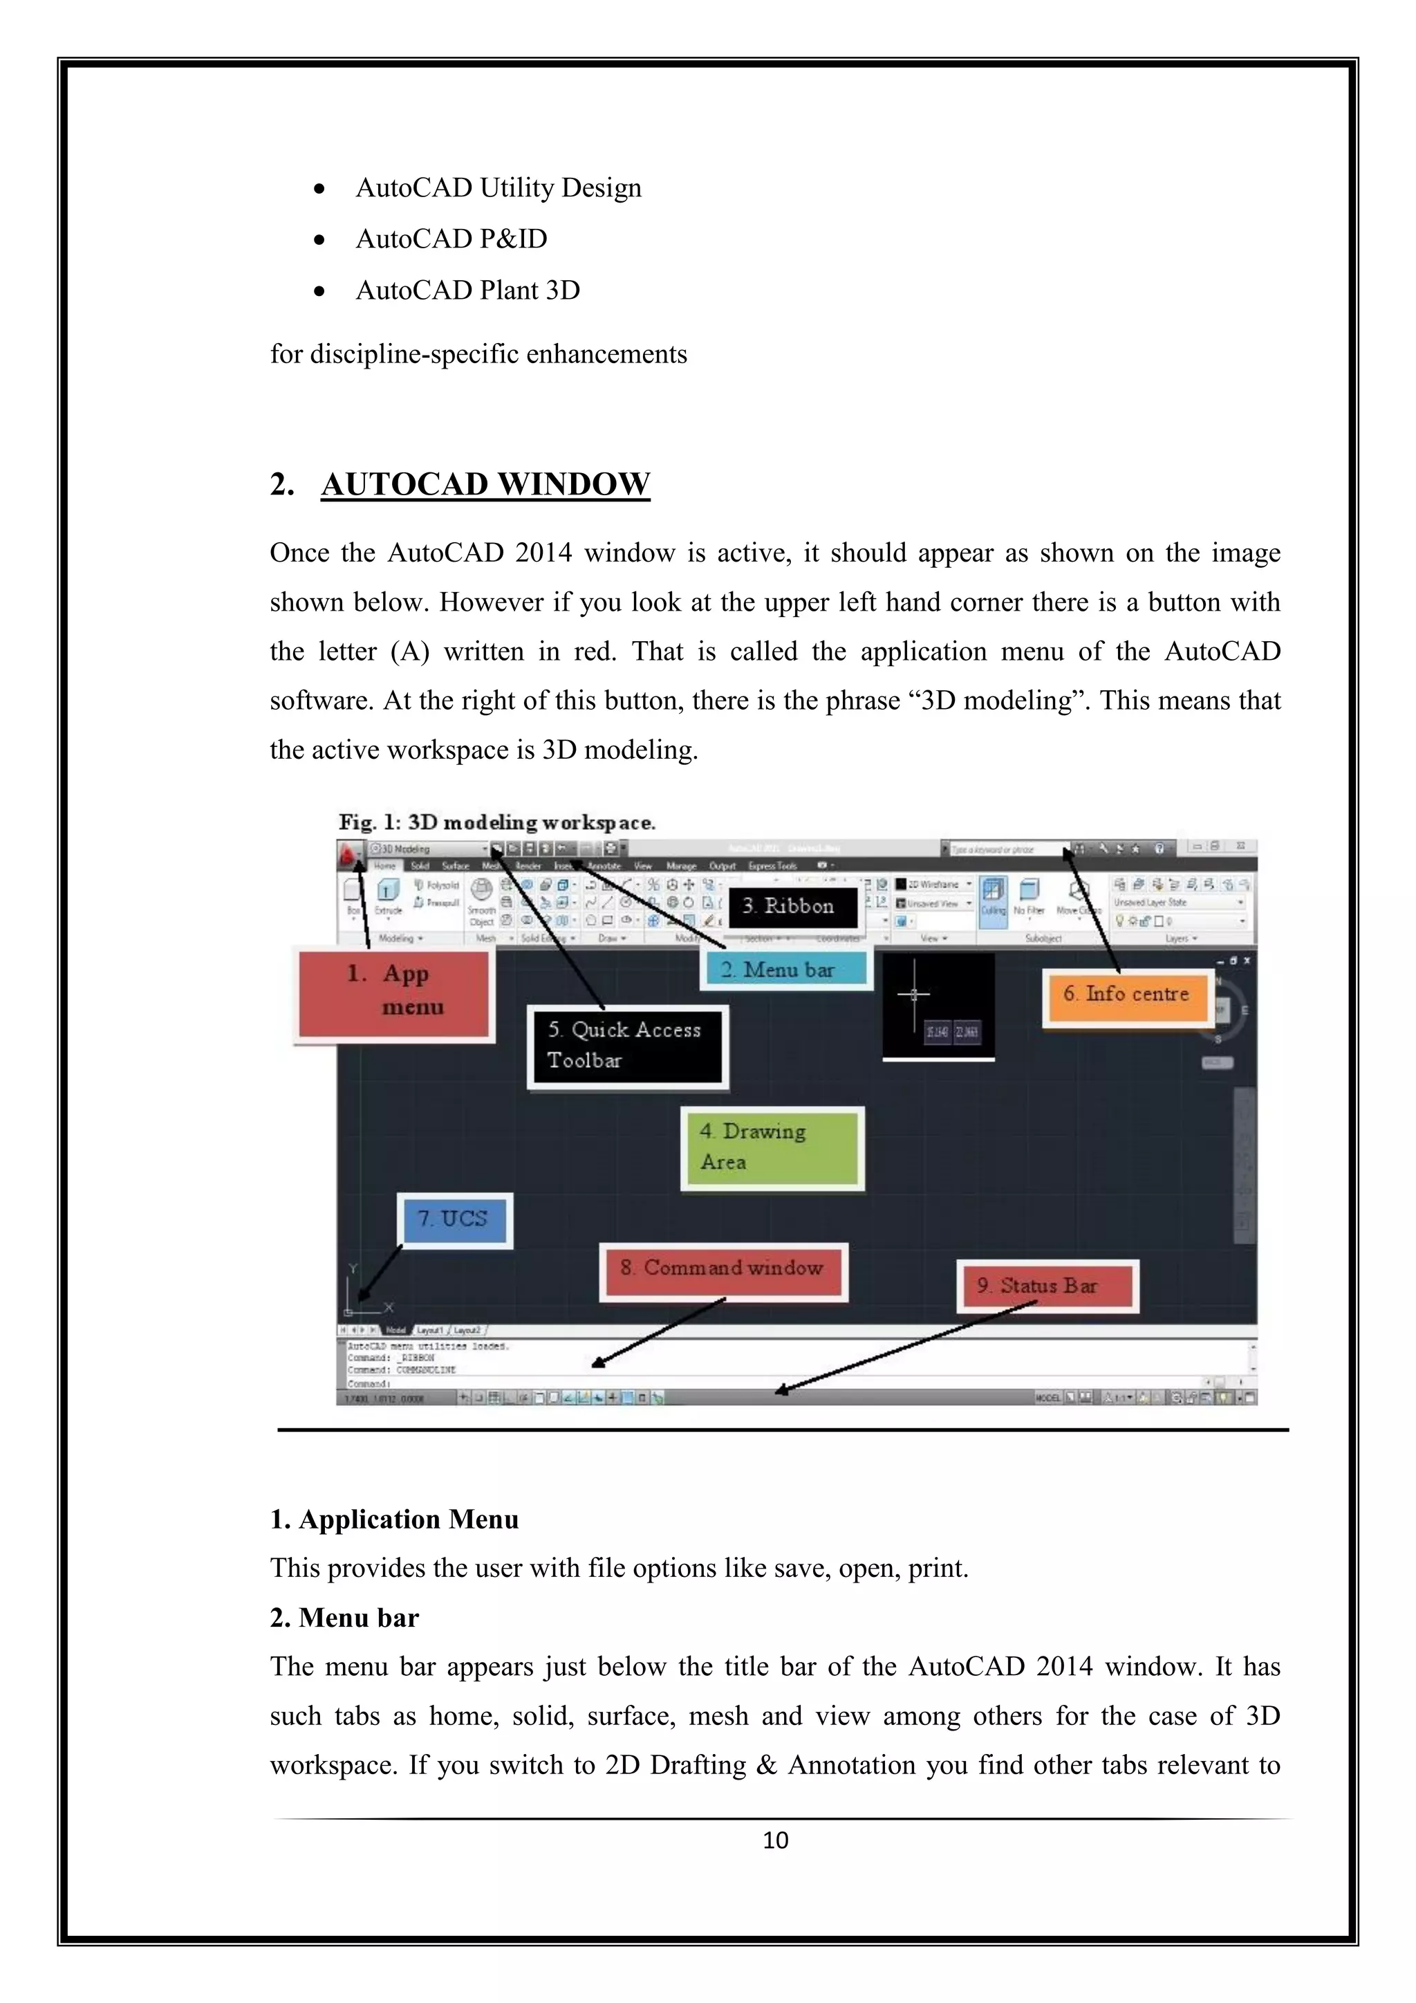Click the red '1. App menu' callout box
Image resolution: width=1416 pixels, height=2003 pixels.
(x=394, y=994)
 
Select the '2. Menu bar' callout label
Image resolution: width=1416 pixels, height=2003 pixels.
(x=785, y=969)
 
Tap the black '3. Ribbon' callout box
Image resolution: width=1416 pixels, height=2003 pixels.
(x=792, y=907)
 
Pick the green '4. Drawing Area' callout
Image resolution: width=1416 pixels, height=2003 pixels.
(x=772, y=1147)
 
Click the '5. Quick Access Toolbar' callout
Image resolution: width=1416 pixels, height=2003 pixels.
(x=627, y=1046)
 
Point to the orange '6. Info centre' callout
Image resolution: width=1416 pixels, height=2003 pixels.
(x=1126, y=995)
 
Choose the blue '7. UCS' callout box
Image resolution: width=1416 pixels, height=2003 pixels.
(x=454, y=1219)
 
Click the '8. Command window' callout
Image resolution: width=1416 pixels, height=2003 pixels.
(x=723, y=1269)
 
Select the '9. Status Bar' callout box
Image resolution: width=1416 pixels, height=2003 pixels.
(x=1047, y=1286)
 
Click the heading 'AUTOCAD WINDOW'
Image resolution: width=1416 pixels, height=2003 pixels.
(x=485, y=484)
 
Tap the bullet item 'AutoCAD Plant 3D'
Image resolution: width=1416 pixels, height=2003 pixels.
(x=467, y=290)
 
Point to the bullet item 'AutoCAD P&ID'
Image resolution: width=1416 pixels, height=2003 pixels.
(x=451, y=239)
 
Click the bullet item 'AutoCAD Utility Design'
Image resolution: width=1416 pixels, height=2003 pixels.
(x=498, y=187)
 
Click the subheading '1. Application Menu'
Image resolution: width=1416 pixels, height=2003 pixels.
(x=394, y=1520)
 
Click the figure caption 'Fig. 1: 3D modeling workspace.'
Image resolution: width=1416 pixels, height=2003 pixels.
(x=497, y=822)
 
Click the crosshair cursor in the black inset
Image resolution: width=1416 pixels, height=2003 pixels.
(x=914, y=995)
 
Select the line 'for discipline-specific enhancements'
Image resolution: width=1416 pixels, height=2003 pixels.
(x=478, y=354)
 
